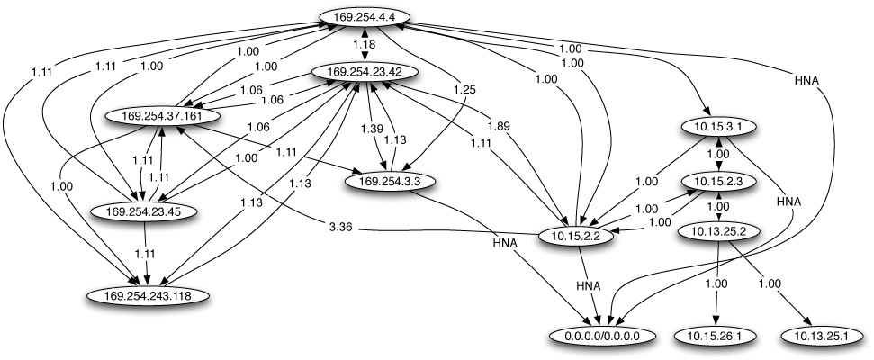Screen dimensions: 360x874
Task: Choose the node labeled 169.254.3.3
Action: point(391,180)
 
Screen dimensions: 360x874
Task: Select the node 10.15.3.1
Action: point(720,127)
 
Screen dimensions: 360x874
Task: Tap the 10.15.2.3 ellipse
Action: point(720,181)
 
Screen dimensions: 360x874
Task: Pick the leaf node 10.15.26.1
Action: point(716,337)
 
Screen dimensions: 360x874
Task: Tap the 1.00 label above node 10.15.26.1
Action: point(717,284)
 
